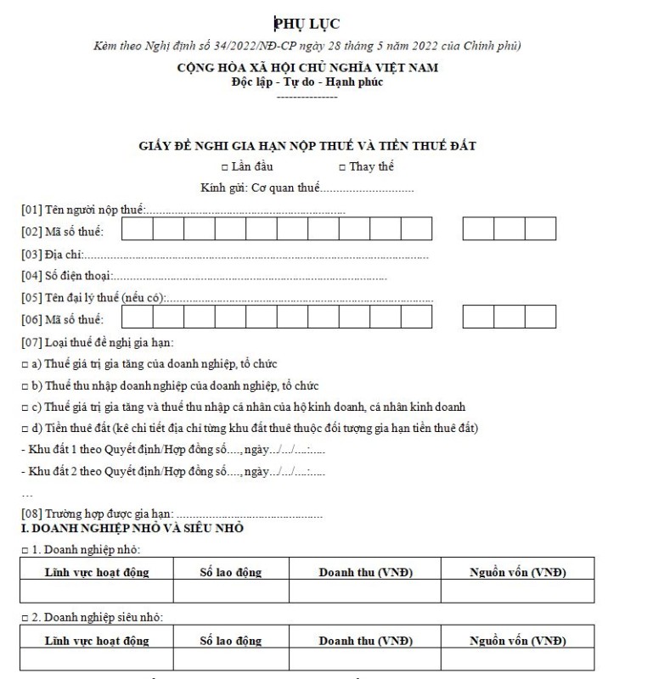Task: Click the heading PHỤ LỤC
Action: (307, 23)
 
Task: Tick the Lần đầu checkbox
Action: (224, 167)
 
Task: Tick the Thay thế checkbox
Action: (341, 167)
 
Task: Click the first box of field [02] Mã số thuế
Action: (138, 230)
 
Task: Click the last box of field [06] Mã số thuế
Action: (540, 317)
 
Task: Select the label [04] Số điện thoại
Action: (65, 276)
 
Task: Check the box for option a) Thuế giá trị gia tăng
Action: (25, 363)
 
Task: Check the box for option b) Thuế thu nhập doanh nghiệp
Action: (25, 384)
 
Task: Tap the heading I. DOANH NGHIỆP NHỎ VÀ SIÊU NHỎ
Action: (133, 529)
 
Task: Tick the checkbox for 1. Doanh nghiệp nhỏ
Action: (25, 550)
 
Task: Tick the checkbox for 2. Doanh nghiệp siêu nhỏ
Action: (25, 617)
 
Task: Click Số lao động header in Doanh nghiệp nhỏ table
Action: (230, 572)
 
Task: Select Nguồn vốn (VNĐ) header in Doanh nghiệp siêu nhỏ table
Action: (518, 640)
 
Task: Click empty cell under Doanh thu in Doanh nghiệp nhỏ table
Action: (365, 591)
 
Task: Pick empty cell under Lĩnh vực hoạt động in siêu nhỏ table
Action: (97, 659)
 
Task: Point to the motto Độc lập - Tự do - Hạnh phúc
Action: (307, 81)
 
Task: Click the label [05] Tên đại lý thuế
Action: (93, 298)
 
